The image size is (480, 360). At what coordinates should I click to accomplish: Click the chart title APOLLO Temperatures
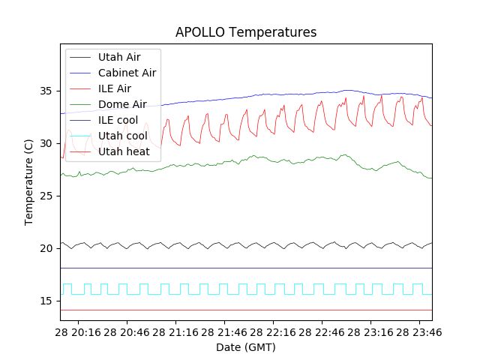[x=246, y=32]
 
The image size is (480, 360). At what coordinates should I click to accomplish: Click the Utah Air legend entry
[x=118, y=56]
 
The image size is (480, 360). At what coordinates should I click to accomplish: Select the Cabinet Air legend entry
[x=127, y=73]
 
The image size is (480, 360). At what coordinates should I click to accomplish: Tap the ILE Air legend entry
[x=114, y=88]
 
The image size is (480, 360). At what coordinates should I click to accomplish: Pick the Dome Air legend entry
[x=122, y=104]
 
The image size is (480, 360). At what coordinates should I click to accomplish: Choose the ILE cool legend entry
[x=118, y=120]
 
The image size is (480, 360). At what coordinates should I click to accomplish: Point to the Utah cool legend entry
[x=122, y=136]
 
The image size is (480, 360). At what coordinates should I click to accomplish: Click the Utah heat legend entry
[x=124, y=151]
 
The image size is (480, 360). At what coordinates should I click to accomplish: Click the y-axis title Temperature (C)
[x=29, y=182]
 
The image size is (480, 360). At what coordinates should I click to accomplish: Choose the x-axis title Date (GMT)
[x=246, y=347]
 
